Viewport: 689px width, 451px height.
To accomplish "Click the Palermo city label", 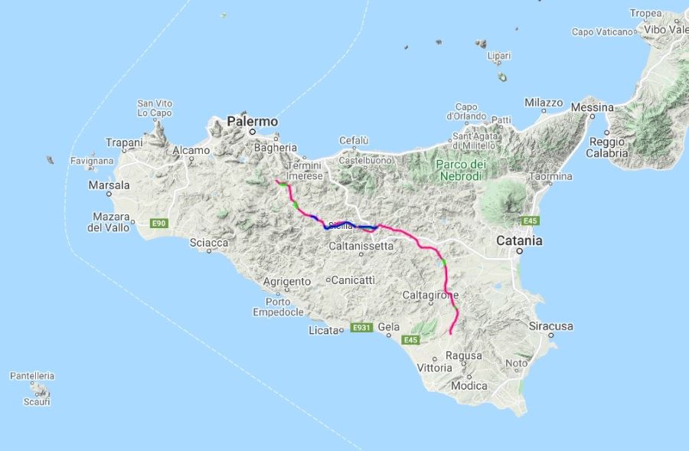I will (252, 122).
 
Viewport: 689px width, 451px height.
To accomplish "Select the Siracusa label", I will (551, 326).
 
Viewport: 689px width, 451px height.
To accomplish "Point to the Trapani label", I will (125, 142).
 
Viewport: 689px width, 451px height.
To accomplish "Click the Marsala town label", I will (109, 186).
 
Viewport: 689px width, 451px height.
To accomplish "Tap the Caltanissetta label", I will (361, 247).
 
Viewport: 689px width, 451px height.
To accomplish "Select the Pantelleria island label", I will (32, 376).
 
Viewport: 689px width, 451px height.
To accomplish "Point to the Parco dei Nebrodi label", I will (460, 171).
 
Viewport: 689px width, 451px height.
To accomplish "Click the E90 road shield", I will (158, 224).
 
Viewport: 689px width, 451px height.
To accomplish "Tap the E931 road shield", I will (361, 328).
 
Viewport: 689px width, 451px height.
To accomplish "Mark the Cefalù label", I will (354, 140).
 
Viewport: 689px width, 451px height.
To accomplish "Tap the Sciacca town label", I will (209, 243).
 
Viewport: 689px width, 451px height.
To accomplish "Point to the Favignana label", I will (92, 162).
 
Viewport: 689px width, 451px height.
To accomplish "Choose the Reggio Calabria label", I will (608, 147).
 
